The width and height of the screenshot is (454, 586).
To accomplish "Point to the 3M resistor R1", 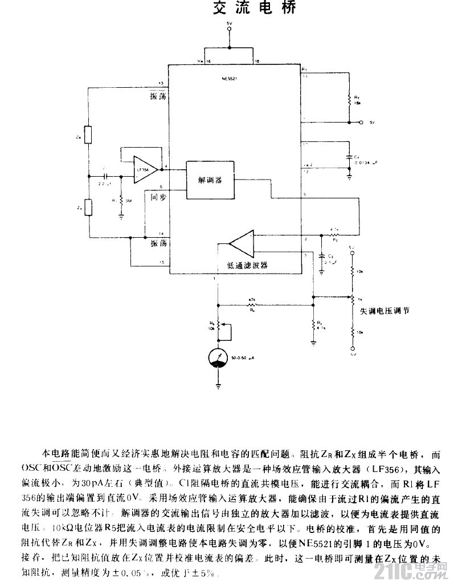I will point(121,200).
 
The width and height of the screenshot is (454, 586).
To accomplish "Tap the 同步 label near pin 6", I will point(158,197).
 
